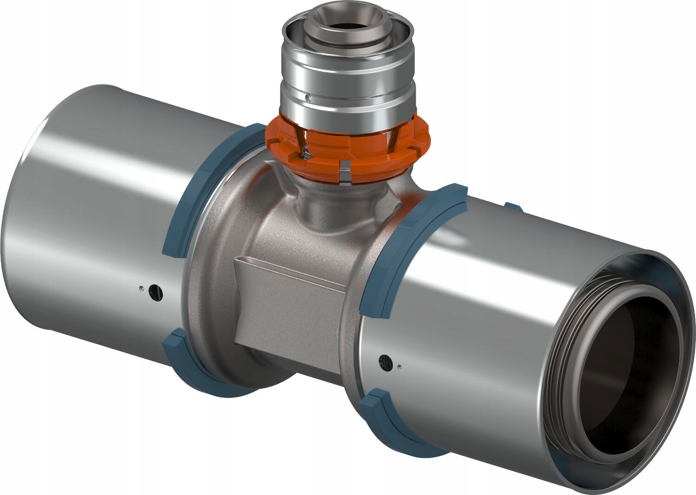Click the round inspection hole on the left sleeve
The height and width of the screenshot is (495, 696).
[x=155, y=292]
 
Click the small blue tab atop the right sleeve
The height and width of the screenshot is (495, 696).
[x=513, y=207]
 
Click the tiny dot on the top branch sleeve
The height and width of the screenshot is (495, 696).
[x=308, y=98]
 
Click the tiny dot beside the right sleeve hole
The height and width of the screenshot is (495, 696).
[x=400, y=368]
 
